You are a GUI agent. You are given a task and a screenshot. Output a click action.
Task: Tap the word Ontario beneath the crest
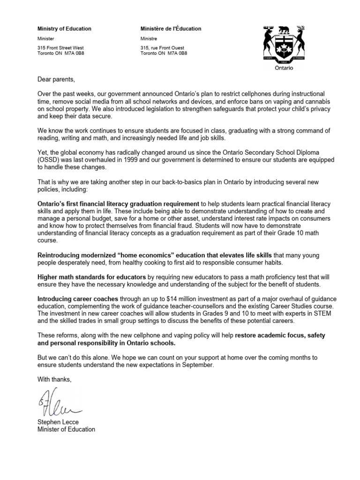click(x=284, y=67)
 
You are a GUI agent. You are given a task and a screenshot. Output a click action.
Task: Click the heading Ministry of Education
click(x=64, y=29)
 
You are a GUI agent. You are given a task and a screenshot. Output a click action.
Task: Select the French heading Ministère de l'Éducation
click(x=171, y=29)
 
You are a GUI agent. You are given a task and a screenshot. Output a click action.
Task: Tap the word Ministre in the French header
click(x=150, y=38)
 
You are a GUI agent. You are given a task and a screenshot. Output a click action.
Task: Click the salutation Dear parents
click(x=56, y=78)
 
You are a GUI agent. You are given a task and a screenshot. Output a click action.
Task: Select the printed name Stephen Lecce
click(x=59, y=422)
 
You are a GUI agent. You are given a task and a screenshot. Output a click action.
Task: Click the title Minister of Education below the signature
click(x=66, y=429)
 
